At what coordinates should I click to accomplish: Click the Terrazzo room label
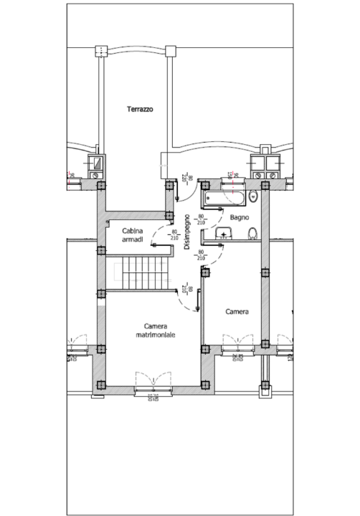click(x=140, y=110)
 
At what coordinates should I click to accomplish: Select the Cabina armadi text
click(x=133, y=235)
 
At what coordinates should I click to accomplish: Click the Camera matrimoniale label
click(x=156, y=330)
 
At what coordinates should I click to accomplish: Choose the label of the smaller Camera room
click(x=237, y=312)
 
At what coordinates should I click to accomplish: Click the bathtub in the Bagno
click(x=225, y=196)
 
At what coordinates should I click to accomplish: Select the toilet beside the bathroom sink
click(x=252, y=233)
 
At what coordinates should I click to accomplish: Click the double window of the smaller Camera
click(x=239, y=344)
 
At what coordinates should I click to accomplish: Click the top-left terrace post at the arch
click(x=99, y=51)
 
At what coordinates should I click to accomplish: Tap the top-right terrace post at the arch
click(x=170, y=51)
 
